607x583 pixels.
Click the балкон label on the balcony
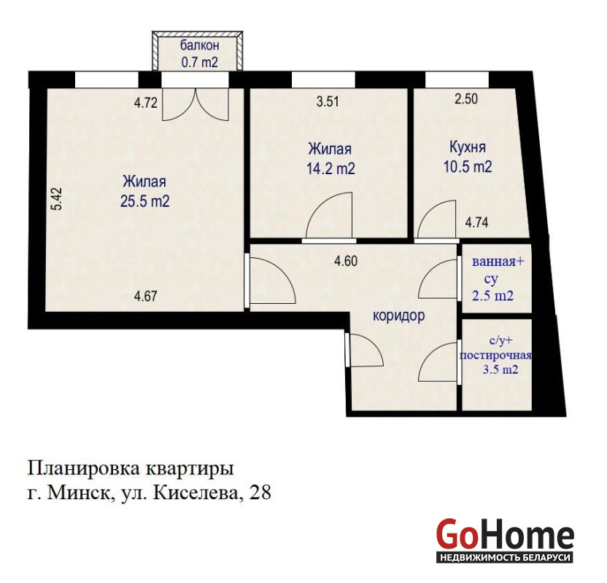click(199, 46)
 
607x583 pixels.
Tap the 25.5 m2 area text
click(144, 201)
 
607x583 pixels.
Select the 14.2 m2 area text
click(330, 168)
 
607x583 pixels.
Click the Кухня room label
click(468, 147)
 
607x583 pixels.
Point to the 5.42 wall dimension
click(58, 199)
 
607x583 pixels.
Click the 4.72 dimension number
click(146, 103)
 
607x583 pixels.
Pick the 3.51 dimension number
click(328, 102)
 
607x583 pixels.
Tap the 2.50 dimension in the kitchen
click(466, 99)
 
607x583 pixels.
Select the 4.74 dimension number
click(476, 223)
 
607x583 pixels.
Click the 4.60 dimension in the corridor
click(346, 262)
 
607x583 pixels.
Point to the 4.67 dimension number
click(146, 297)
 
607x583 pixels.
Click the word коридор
click(399, 316)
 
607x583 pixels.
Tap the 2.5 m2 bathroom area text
click(492, 296)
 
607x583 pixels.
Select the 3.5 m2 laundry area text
click(500, 369)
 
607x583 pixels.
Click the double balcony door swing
click(196, 104)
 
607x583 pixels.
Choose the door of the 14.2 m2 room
click(329, 215)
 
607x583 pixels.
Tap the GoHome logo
click(505, 540)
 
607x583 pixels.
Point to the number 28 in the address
click(260, 493)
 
